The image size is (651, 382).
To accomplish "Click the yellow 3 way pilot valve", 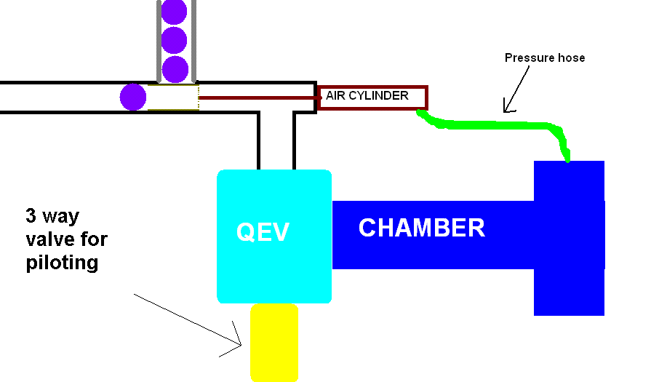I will tap(274, 342).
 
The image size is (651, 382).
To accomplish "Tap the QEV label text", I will tap(263, 232).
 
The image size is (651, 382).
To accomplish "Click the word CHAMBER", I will tap(421, 228).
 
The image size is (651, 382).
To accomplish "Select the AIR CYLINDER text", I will tap(367, 95).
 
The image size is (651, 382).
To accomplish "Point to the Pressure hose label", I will tap(544, 57).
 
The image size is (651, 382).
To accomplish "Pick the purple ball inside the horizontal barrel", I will tap(133, 97).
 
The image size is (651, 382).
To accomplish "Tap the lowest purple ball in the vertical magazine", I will tap(175, 69).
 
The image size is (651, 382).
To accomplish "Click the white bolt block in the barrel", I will tap(173, 97).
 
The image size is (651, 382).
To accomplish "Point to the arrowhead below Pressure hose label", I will tap(508, 109).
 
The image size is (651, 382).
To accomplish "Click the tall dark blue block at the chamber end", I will tap(569, 238).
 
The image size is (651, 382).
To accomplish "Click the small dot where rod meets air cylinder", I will tap(319, 97).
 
